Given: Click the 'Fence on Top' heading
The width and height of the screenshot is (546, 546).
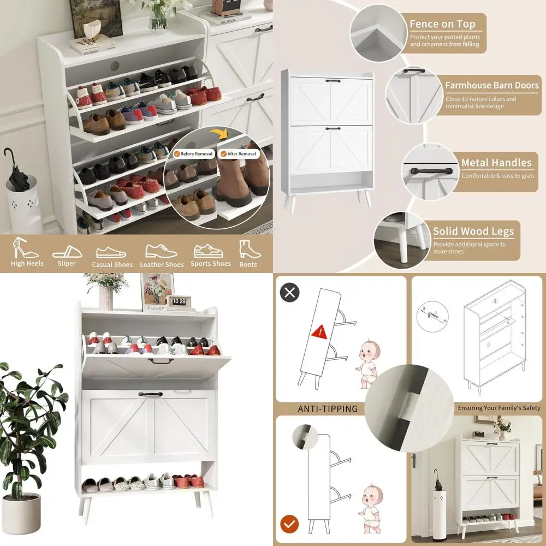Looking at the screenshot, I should pos(442,25).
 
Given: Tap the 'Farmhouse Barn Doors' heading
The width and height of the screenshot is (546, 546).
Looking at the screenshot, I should pos(491,85).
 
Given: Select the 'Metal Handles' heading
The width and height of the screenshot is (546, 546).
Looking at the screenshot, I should pos(496,163).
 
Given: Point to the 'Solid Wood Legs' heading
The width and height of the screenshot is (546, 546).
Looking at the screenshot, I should pos(473,231).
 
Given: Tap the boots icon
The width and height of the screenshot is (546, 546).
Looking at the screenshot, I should pos(248,249).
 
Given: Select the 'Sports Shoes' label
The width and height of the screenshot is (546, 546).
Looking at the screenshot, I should pos(211,264).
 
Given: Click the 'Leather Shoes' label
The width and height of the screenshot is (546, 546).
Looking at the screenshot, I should pos(162,265).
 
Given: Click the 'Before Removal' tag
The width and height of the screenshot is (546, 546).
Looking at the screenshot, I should pos(195,154).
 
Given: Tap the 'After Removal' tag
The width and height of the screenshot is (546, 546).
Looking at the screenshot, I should pos(238,154).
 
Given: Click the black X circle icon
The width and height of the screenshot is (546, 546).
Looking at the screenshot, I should pos(289,292).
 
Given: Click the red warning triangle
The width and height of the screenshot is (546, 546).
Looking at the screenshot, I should pos(318,331).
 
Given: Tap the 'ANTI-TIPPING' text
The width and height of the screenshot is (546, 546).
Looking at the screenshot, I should pos(328,408).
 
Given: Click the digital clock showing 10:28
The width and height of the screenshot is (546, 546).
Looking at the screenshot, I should pos(180,301).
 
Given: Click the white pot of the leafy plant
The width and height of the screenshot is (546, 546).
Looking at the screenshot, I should pos(22,513).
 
